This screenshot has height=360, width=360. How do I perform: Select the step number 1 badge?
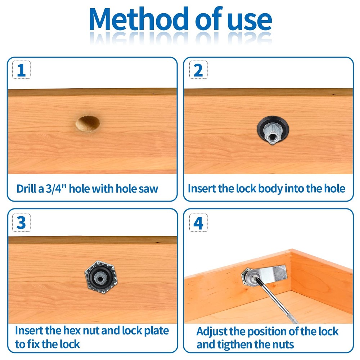(21, 70)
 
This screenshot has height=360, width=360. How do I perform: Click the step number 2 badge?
(198, 70)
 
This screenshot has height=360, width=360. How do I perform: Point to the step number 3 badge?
(21, 222)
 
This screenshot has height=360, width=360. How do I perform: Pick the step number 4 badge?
(198, 222)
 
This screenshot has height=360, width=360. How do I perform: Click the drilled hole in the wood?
(88, 123)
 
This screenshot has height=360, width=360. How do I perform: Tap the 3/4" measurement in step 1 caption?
(56, 189)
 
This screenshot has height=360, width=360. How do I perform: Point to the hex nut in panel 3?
(101, 277)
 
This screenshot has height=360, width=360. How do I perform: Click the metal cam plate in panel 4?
(273, 274)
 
